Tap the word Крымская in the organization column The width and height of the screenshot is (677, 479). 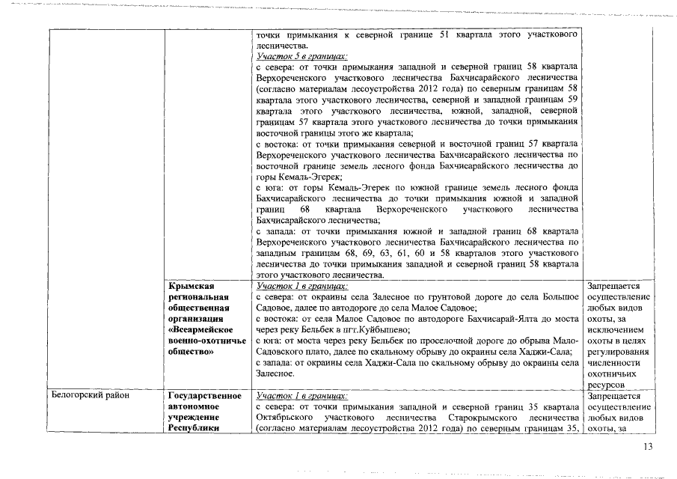click(x=192, y=286)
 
